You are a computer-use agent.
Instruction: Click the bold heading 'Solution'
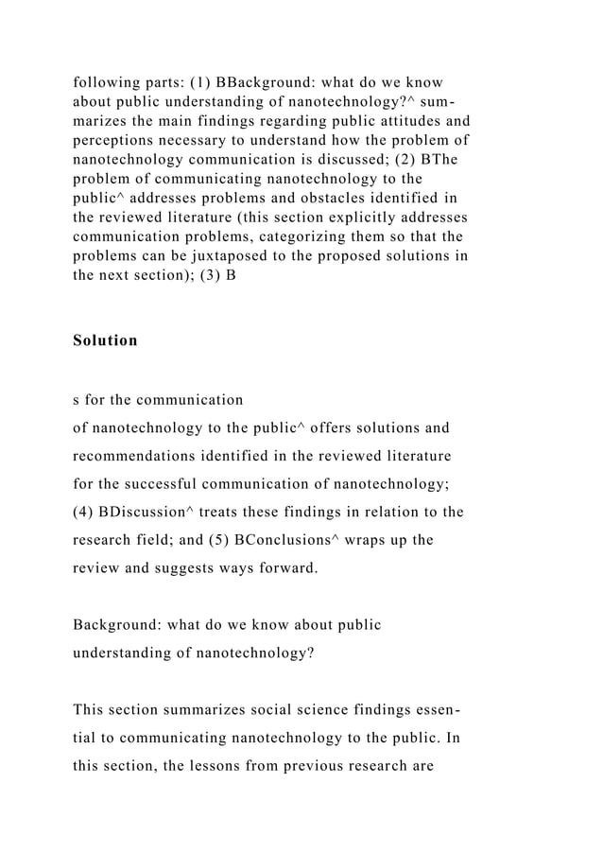pos(105,340)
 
